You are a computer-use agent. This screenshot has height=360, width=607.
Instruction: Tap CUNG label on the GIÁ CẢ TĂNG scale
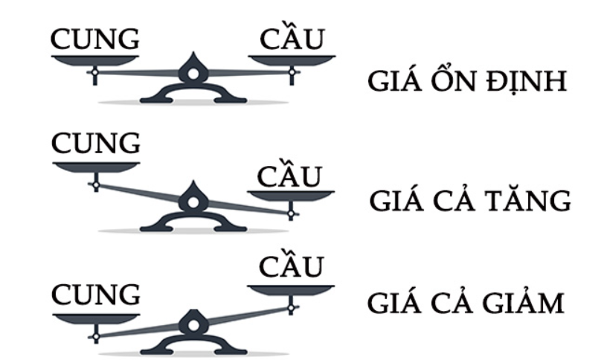[95, 144]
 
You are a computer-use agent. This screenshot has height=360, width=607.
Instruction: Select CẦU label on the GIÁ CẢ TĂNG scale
[290, 176]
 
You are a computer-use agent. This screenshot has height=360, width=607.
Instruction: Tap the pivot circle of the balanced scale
[193, 73]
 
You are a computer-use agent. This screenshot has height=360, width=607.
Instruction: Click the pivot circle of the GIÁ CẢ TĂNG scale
[193, 201]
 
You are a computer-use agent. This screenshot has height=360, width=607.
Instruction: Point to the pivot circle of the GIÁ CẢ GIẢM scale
[193, 324]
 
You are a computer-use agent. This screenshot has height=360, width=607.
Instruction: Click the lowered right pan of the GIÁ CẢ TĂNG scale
[290, 196]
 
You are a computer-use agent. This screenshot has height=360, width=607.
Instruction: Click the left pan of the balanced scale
[95, 60]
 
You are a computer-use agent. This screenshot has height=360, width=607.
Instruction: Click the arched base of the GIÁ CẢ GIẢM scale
[193, 344]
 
